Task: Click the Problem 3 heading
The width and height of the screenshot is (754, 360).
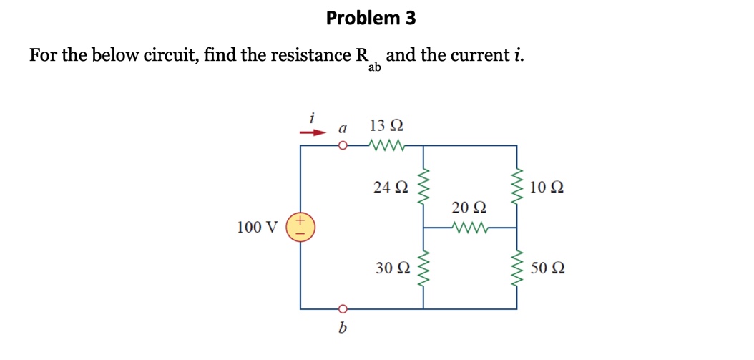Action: [371, 18]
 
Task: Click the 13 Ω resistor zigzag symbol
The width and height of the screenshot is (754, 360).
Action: [387, 146]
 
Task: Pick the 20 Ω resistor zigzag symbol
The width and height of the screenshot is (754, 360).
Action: [470, 228]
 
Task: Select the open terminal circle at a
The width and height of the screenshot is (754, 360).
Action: [343, 146]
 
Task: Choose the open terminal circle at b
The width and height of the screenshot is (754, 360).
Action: [343, 309]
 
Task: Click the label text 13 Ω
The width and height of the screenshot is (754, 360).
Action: [386, 126]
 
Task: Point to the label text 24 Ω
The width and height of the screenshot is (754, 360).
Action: [391, 188]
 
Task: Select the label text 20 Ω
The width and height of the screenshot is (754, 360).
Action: [470, 208]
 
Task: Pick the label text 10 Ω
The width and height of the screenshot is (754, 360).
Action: [548, 188]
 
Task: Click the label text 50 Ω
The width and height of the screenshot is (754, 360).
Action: [548, 268]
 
